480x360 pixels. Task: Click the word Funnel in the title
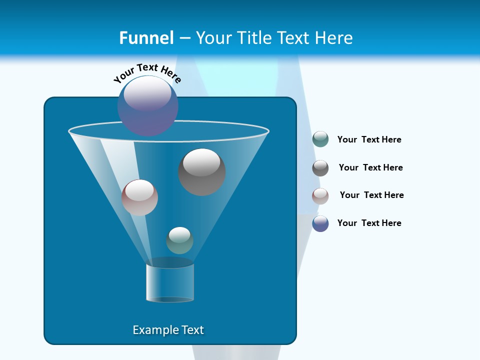pyautogui.click(x=146, y=38)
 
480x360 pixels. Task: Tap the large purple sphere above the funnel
pyautogui.click(x=148, y=105)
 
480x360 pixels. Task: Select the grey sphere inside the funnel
pyautogui.click(x=202, y=172)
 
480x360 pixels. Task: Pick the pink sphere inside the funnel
pyautogui.click(x=139, y=197)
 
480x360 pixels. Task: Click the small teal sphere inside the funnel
pyautogui.click(x=179, y=240)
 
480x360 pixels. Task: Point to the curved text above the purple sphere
pyautogui.click(x=147, y=72)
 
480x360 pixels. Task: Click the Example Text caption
pyautogui.click(x=168, y=330)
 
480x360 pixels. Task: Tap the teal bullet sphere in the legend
pyautogui.click(x=320, y=139)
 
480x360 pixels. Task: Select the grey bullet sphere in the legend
pyautogui.click(x=320, y=168)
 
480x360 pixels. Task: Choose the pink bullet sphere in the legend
pyautogui.click(x=320, y=196)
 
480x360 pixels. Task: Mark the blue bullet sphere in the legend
pyautogui.click(x=320, y=223)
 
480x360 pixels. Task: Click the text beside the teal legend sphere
pyautogui.click(x=369, y=140)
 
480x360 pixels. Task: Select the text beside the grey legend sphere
pyautogui.click(x=370, y=168)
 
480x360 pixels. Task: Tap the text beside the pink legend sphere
pyautogui.click(x=371, y=195)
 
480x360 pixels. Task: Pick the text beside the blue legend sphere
pyautogui.click(x=369, y=223)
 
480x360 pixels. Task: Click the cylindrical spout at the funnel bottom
pyautogui.click(x=170, y=282)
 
